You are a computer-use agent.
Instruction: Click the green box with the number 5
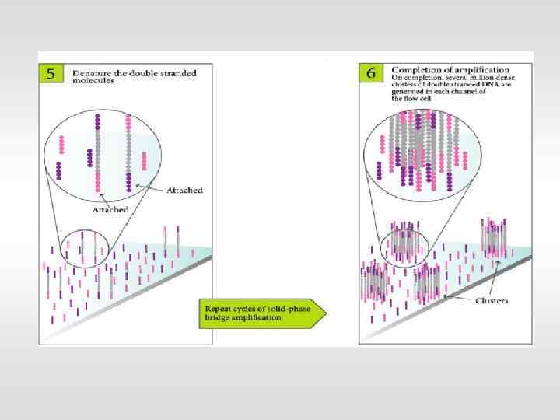51,75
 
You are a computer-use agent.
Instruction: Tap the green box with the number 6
371,74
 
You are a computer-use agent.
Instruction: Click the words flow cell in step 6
408,99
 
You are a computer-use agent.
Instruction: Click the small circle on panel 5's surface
86,248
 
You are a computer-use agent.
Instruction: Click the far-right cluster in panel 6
494,238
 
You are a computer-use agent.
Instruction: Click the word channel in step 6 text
483,92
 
